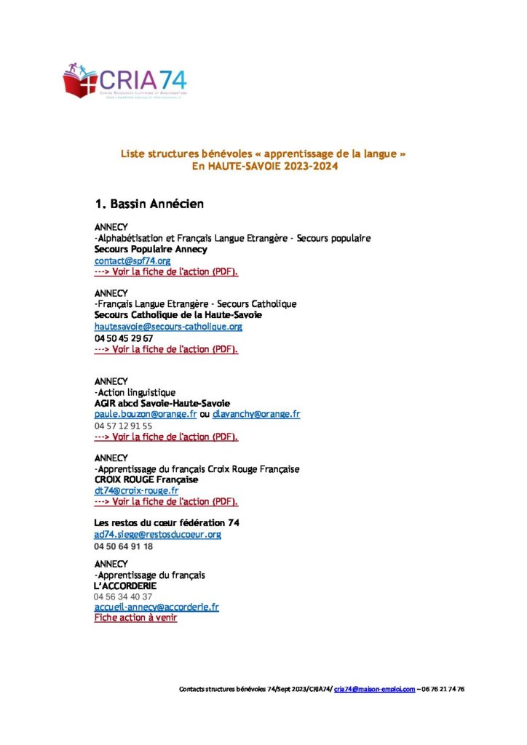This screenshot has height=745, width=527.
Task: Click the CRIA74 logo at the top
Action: click(125, 81)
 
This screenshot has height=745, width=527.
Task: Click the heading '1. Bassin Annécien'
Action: click(149, 204)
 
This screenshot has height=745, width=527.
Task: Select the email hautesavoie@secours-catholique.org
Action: click(168, 327)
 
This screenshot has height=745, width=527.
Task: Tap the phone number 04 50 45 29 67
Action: click(124, 338)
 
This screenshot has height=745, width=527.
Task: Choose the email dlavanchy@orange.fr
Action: click(256, 414)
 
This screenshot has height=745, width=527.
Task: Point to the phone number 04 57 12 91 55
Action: click(123, 426)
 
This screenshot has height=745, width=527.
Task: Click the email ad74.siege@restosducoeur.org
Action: click(158, 534)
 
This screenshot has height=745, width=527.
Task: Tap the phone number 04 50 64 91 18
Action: click(123, 546)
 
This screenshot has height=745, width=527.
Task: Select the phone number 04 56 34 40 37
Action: click(123, 597)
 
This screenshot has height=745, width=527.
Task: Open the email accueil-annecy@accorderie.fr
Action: click(156, 607)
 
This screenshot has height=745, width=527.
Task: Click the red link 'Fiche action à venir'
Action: click(135, 618)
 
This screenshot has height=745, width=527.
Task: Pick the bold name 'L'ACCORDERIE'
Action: click(125, 586)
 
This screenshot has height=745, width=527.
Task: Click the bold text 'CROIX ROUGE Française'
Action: click(146, 480)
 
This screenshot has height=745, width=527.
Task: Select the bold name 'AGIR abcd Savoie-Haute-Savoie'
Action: click(162, 403)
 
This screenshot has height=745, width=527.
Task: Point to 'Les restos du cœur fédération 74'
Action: click(167, 523)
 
